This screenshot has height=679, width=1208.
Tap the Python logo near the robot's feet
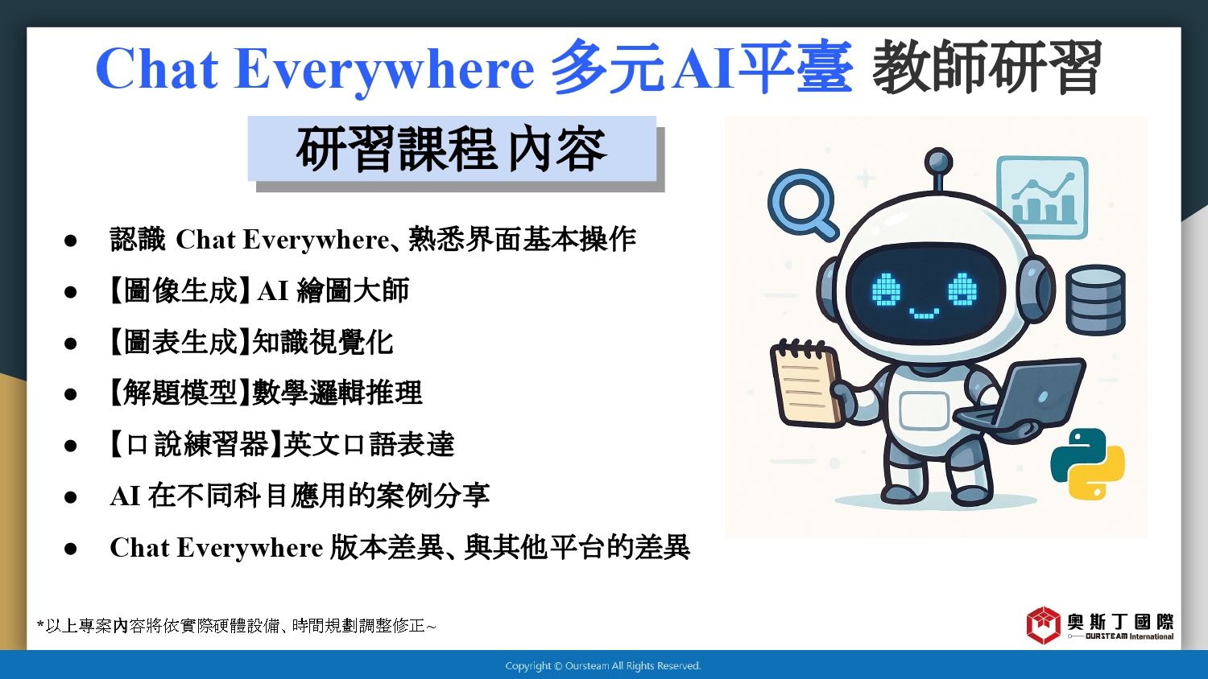tap(1087, 463)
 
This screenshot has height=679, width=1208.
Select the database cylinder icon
tap(1095, 299)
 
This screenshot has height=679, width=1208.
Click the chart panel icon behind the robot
tap(1042, 196)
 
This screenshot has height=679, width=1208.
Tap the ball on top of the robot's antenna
tap(938, 162)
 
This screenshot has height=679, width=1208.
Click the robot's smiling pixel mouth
tap(924, 313)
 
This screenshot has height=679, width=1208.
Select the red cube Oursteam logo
tap(1043, 625)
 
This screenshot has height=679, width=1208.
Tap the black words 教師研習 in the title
tap(987, 68)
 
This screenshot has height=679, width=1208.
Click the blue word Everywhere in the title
tap(384, 70)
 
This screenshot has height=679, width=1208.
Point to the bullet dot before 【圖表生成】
tap(71, 344)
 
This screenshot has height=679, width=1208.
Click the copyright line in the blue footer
tap(603, 666)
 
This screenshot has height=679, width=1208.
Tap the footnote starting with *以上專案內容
tap(236, 626)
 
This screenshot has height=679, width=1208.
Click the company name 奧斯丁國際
tap(1121, 622)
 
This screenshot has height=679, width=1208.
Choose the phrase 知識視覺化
tap(323, 342)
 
